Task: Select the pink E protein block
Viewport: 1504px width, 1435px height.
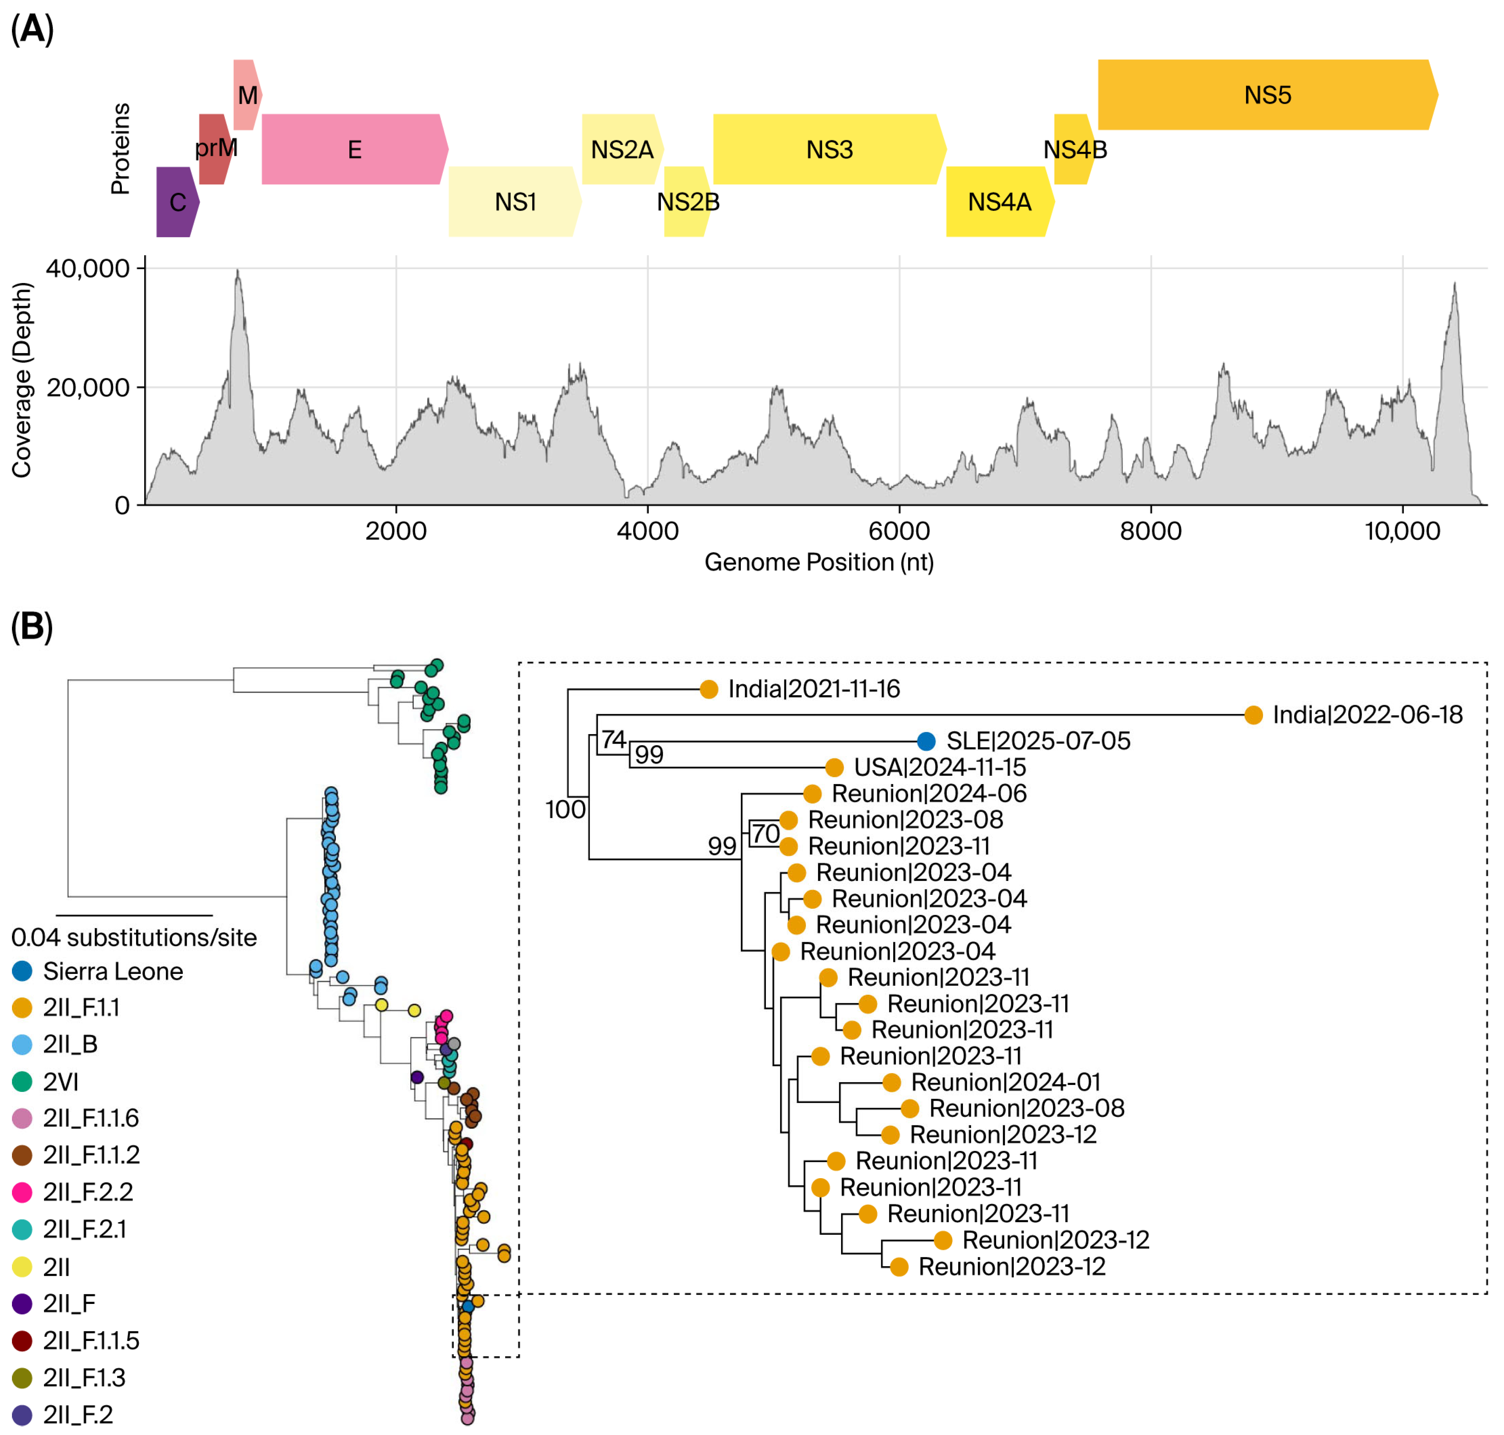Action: tap(353, 149)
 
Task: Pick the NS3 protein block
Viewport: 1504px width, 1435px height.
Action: tap(828, 149)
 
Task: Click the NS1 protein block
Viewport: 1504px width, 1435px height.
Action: tap(514, 202)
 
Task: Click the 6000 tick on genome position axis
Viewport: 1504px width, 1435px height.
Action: tap(899, 531)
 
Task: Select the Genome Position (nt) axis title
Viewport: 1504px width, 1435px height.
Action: tap(819, 562)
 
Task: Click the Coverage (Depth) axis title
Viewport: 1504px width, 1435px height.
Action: tap(22, 380)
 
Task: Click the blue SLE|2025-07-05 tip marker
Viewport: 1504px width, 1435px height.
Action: tap(926, 741)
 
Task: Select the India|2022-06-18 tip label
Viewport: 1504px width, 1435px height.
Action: tap(1367, 714)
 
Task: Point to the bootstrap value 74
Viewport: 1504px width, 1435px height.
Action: tap(613, 739)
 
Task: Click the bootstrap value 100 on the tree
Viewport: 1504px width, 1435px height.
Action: tap(565, 809)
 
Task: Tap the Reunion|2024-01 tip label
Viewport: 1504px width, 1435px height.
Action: tap(1005, 1082)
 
